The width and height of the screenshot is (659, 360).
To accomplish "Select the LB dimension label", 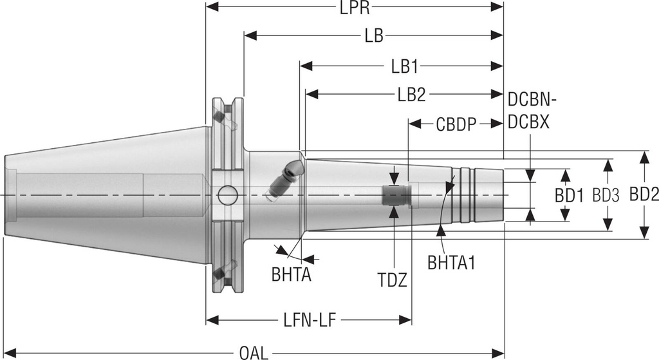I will tap(374, 35).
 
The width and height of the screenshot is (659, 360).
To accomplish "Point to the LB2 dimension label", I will tap(411, 95).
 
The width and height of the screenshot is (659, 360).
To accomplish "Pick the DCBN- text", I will tap(532, 100).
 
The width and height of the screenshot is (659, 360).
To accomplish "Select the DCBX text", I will tap(528, 122).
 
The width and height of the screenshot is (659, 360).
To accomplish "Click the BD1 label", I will tap(570, 196).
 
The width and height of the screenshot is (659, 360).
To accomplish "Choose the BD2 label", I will tap(644, 196).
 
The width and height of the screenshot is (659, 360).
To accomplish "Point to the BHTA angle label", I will tap(292, 275).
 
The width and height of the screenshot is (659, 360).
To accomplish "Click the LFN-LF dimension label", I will tap(308, 319).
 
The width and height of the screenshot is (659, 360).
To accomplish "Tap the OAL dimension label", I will tap(254, 352).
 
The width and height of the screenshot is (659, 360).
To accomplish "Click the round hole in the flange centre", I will tap(226, 194).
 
